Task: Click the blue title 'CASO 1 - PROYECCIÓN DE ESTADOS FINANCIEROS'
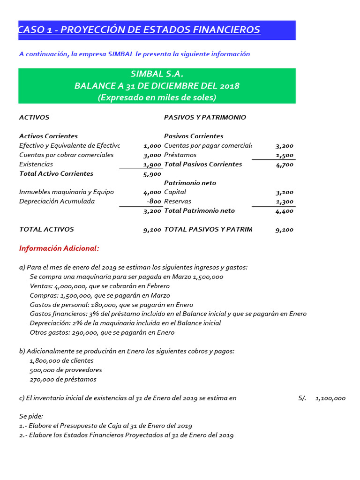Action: [140, 30]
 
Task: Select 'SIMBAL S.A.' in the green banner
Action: [157, 74]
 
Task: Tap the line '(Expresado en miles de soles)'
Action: [157, 97]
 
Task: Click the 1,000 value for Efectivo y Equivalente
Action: [152, 146]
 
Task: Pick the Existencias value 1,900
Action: [152, 165]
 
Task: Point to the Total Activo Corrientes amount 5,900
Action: [152, 174]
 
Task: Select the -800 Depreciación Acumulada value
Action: [154, 202]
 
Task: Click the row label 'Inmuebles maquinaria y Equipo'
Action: [66, 192]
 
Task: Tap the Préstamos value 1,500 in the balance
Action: [285, 155]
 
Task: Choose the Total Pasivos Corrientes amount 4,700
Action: [285, 165]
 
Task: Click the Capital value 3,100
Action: [285, 192]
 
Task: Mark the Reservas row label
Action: [178, 202]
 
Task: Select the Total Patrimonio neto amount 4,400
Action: [285, 211]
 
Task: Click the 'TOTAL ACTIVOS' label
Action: [46, 230]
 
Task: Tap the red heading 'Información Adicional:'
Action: [59, 248]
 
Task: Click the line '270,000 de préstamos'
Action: [63, 379]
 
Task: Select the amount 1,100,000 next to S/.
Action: [330, 398]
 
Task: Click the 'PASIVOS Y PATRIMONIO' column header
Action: [205, 118]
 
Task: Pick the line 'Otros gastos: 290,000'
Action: [102, 332]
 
